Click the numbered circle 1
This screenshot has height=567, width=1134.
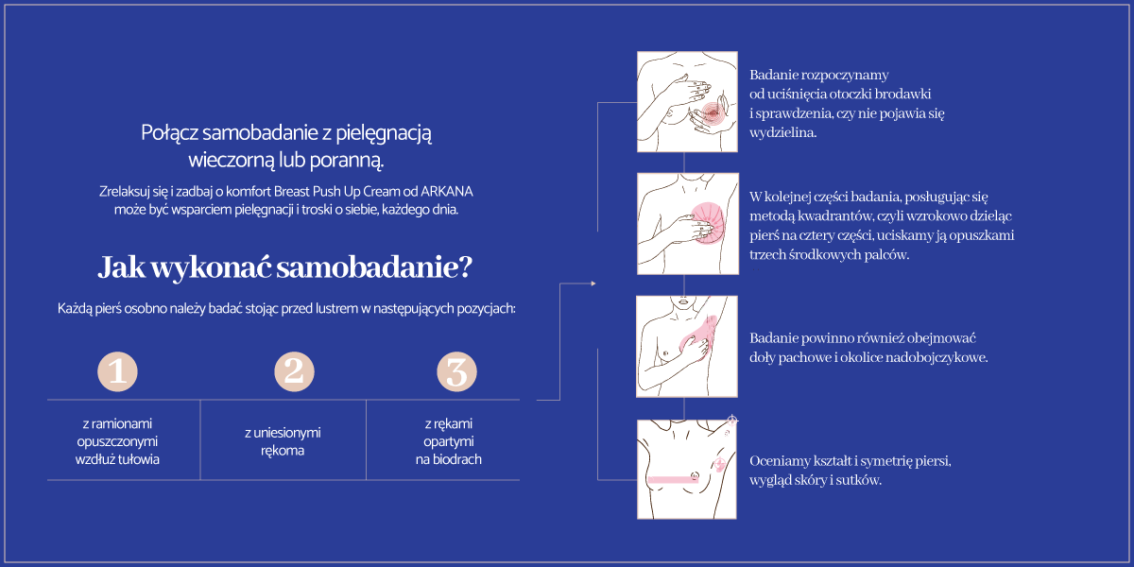point(118,371)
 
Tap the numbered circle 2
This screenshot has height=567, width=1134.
point(294,371)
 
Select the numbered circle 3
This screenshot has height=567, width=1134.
point(456,371)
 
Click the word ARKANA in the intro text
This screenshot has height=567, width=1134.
point(448,191)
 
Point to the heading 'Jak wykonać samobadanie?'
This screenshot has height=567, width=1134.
point(284,267)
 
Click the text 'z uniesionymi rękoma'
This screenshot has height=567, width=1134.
point(283,441)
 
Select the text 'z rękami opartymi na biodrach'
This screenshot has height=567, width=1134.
point(448,442)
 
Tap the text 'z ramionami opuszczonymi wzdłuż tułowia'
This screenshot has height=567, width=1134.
point(117,441)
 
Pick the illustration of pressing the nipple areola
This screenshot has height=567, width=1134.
point(686,101)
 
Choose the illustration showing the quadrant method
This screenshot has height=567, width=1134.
point(686,223)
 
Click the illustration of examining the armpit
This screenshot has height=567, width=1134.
point(686,346)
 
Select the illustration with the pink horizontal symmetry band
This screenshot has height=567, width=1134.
point(686,469)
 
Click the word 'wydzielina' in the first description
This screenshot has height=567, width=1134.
point(782,133)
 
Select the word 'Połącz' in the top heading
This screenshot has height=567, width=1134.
point(166,133)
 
